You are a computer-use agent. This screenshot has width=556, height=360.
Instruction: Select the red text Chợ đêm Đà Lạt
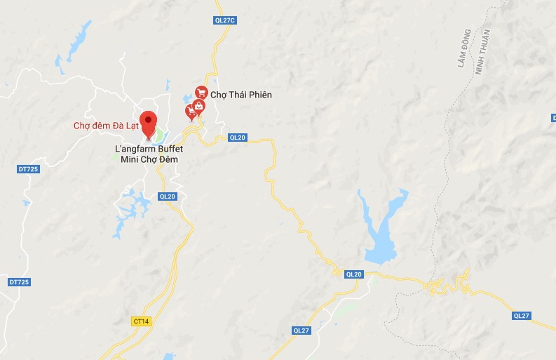pyautogui.click(x=105, y=126)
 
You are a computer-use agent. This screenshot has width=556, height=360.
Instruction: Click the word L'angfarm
pyautogui.click(x=134, y=149)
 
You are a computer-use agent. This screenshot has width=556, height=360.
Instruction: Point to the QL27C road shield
pyautogui.click(x=226, y=20)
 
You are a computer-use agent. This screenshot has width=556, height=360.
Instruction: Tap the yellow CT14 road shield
pyautogui.click(x=141, y=321)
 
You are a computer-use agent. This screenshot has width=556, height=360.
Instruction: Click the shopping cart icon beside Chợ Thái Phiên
pyautogui.click(x=201, y=92)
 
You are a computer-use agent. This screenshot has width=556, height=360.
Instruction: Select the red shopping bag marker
pyautogui.click(x=199, y=106)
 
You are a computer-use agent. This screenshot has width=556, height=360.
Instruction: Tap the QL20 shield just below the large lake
pyautogui.click(x=355, y=274)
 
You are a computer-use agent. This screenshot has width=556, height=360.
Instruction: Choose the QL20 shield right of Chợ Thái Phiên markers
pyautogui.click(x=238, y=138)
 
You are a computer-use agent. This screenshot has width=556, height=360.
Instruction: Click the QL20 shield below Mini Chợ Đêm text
pyautogui.click(x=167, y=196)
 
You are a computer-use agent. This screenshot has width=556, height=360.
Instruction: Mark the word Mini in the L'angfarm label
pyautogui.click(x=123, y=160)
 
